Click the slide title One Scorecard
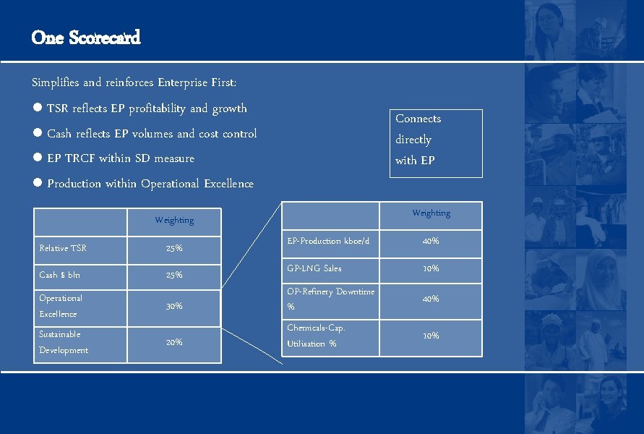[x=86, y=38]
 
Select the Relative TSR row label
[x=63, y=248]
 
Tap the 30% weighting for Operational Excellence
[x=174, y=306]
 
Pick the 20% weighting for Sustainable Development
[x=174, y=342]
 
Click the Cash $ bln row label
[x=60, y=275]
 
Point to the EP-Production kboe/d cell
[x=328, y=241]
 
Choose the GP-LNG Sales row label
[x=314, y=268]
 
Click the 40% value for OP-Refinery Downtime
[x=431, y=299]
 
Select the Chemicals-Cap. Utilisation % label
[x=317, y=336]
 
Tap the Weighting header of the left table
[x=174, y=220]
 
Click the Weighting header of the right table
[x=431, y=213]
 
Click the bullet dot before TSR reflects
[x=37, y=109]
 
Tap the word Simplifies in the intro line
[x=56, y=82]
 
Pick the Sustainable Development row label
[x=64, y=342]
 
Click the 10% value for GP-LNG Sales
[x=431, y=268]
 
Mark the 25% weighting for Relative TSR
[x=174, y=248]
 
